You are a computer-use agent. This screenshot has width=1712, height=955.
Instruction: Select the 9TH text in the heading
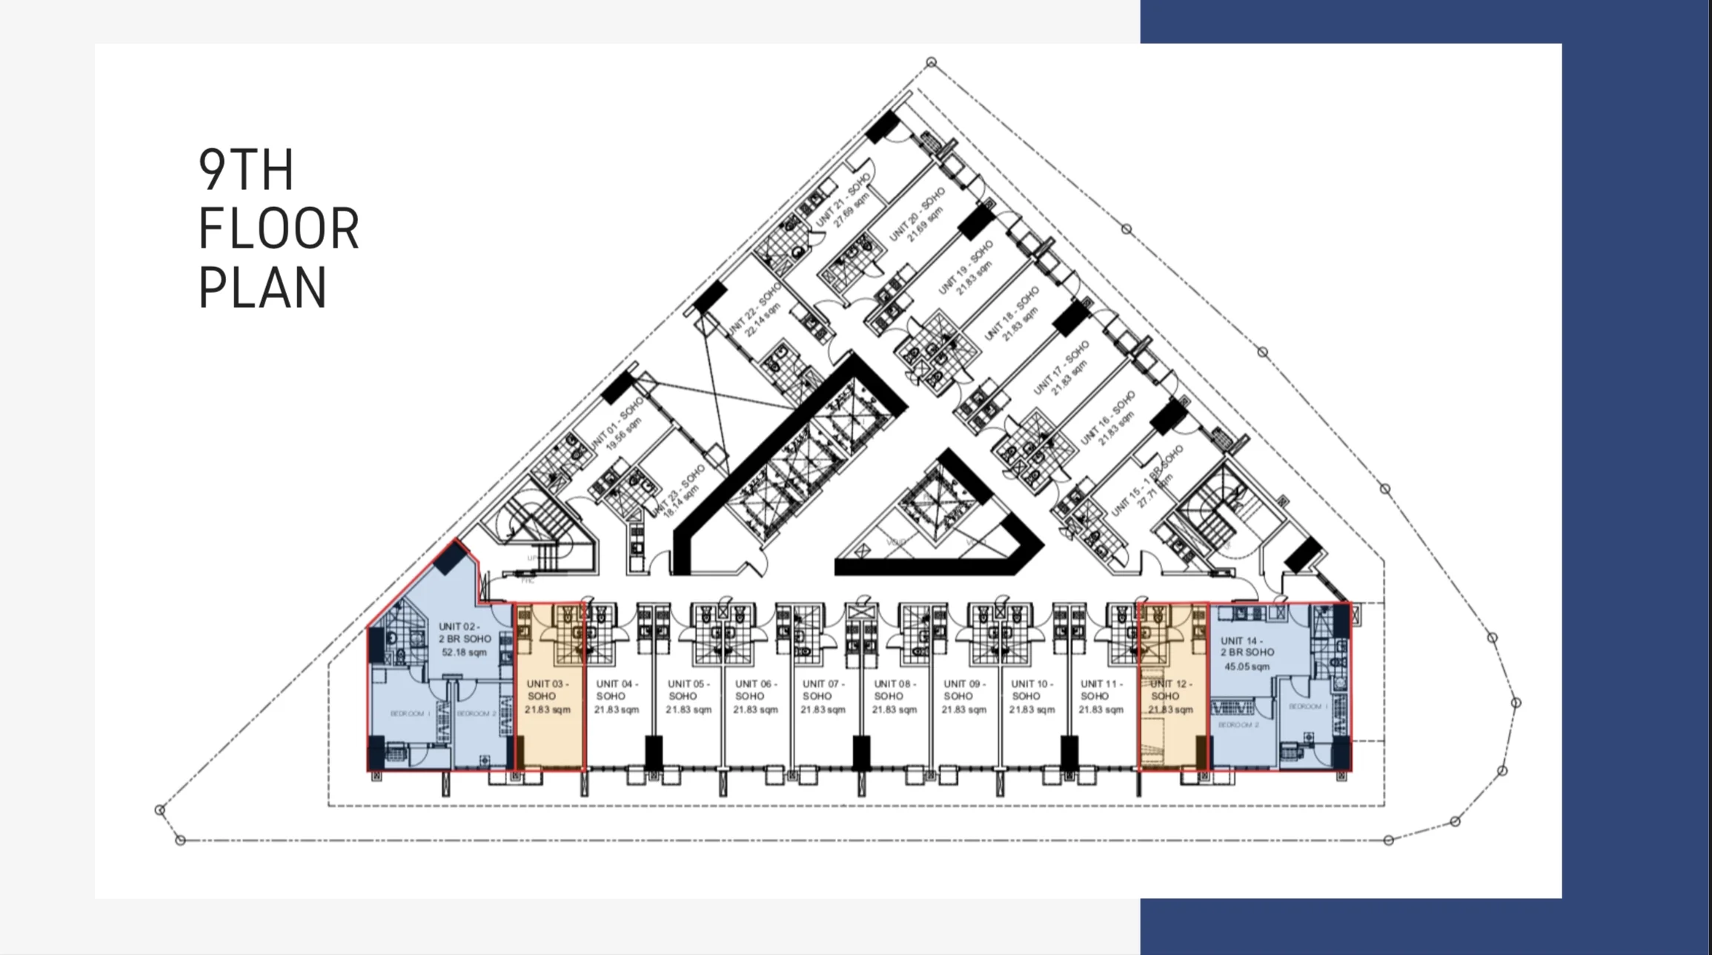[x=246, y=170]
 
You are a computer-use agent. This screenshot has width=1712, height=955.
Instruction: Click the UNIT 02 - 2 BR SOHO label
[x=465, y=632]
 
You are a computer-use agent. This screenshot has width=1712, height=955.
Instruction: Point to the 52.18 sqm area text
[x=465, y=652]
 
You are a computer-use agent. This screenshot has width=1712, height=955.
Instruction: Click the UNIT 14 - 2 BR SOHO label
[x=1247, y=646]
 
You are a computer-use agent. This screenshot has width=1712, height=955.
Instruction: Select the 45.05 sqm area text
[x=1247, y=667]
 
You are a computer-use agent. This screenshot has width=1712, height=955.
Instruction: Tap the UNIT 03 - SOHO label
[x=547, y=690]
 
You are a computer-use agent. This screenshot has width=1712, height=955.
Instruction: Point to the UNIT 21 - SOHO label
[x=843, y=200]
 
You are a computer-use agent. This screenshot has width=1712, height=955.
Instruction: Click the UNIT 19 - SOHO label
[x=965, y=268]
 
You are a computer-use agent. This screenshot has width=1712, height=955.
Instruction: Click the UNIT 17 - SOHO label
[x=1061, y=366]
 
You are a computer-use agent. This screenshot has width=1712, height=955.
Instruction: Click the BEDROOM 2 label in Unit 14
[x=1238, y=724]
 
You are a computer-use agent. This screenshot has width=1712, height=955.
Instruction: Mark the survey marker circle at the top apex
[x=932, y=62]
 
